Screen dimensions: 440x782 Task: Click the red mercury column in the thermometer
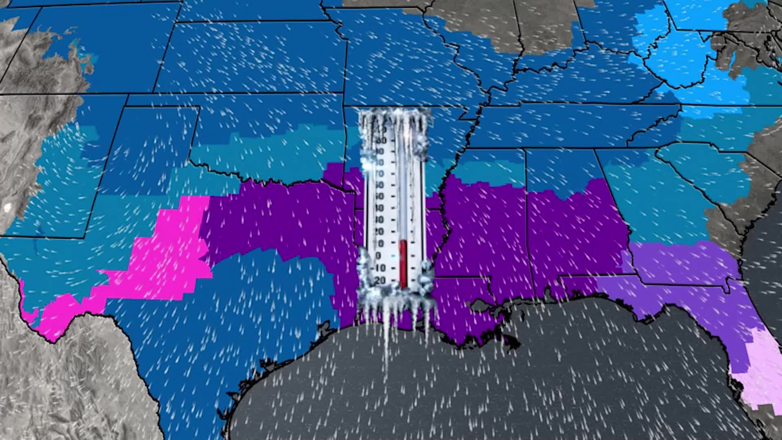point(403,263)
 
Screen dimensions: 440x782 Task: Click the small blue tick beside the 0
point(393,256)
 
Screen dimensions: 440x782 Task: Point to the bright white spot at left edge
point(7,207)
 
